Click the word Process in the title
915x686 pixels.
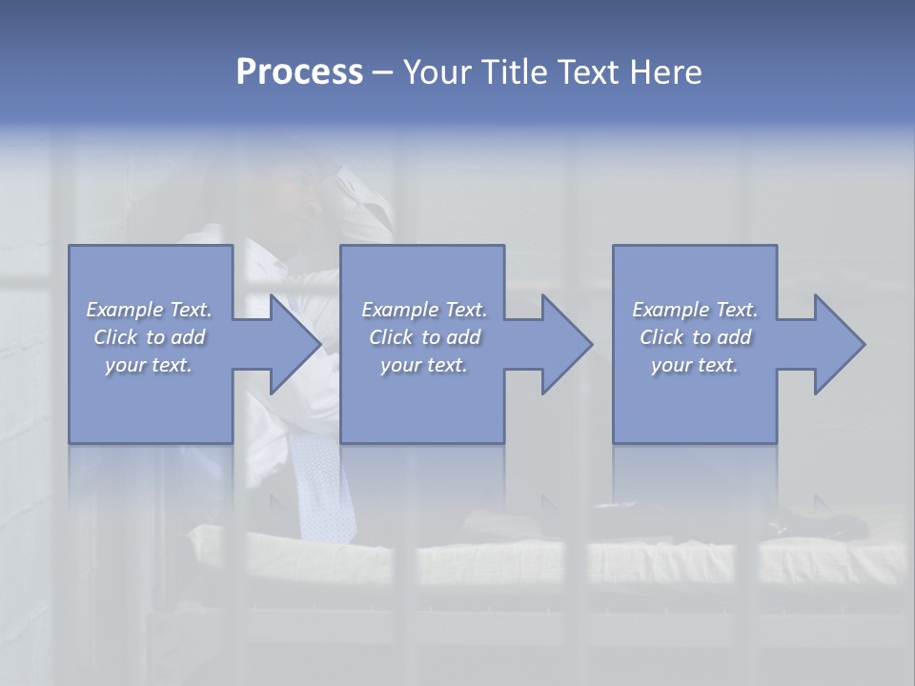[299, 72]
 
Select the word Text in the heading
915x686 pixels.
[589, 72]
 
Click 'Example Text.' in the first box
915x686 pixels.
[149, 310]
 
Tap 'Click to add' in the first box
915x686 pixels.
[149, 337]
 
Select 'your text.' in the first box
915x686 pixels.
[149, 365]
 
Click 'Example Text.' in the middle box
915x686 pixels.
[424, 310]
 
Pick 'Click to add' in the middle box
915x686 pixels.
[424, 337]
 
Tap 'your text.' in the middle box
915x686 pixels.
[424, 365]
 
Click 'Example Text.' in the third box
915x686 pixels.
[695, 310]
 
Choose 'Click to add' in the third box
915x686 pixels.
[695, 337]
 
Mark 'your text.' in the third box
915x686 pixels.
[695, 365]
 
